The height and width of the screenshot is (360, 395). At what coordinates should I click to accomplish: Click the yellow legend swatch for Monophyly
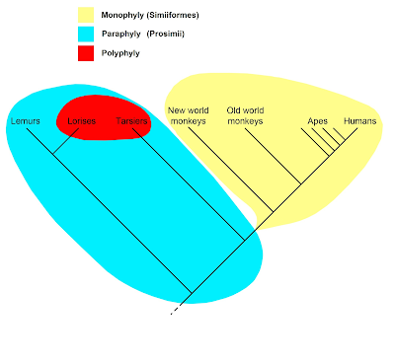(x=86, y=15)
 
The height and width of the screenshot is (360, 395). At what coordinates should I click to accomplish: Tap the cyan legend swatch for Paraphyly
(x=86, y=34)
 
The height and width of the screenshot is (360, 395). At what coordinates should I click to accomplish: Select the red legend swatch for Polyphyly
(x=86, y=53)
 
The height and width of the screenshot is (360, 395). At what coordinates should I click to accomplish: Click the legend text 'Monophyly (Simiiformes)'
(x=150, y=15)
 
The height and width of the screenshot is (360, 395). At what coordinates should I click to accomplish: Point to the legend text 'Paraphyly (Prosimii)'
(x=143, y=34)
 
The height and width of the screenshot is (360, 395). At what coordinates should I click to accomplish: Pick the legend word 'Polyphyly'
(x=120, y=53)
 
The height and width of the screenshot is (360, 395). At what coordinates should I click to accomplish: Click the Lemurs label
(x=26, y=121)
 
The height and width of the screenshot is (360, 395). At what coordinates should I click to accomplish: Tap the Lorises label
(x=82, y=121)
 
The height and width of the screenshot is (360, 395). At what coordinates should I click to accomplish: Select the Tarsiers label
(x=131, y=121)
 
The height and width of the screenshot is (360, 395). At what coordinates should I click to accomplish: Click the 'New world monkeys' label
(x=189, y=115)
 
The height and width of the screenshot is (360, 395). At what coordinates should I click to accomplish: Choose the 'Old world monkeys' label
(x=245, y=115)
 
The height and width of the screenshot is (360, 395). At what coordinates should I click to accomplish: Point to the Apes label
(x=318, y=121)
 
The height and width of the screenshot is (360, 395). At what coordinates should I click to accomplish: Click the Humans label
(x=360, y=121)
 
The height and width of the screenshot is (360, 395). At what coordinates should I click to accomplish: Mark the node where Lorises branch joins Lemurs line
(x=53, y=154)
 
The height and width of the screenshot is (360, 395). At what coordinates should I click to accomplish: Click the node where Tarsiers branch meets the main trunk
(x=245, y=240)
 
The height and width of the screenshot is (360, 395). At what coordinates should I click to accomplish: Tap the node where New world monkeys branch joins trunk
(x=273, y=212)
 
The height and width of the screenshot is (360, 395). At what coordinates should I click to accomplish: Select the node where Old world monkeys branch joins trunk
(x=301, y=183)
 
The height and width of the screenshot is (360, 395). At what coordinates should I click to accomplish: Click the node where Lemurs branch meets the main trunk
(x=192, y=293)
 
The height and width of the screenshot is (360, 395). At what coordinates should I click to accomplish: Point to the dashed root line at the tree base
(x=176, y=309)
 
